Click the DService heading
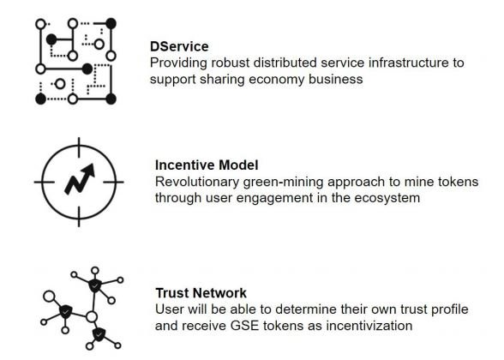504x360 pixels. (x=179, y=46)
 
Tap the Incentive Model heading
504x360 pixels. (x=207, y=165)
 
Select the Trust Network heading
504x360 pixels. (x=201, y=293)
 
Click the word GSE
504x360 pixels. (x=244, y=326)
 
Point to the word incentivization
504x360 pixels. (x=369, y=326)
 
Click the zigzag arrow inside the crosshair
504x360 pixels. (x=80, y=179)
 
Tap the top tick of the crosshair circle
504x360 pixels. (x=79, y=147)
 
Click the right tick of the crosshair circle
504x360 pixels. (x=113, y=182)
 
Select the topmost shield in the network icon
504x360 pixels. (x=95, y=285)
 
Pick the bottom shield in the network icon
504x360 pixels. (x=99, y=334)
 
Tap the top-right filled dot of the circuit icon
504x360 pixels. (x=111, y=23)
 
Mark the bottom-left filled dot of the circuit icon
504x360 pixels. (x=41, y=99)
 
